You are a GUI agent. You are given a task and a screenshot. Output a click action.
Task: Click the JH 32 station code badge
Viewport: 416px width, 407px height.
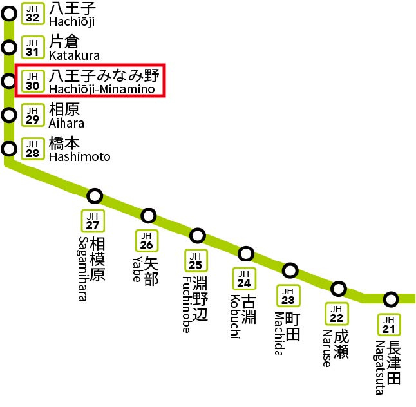pyautogui.click(x=32, y=12)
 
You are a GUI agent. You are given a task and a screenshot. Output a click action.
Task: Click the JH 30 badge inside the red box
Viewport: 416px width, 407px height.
pyautogui.click(x=32, y=81)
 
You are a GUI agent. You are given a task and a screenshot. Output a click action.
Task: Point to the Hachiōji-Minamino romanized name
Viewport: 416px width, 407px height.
pyautogui.click(x=102, y=90)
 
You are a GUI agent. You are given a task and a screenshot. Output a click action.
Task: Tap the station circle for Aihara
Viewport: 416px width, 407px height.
pyautogui.click(x=9, y=115)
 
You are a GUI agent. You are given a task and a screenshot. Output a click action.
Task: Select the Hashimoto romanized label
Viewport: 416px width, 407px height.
pyautogui.click(x=79, y=156)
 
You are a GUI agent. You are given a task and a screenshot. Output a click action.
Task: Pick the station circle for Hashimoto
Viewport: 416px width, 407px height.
pyautogui.click(x=9, y=149)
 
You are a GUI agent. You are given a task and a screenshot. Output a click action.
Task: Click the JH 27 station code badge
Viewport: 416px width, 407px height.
pyautogui.click(x=93, y=221)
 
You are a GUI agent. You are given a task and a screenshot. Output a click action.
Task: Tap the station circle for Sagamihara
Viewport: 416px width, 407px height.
pyautogui.click(x=95, y=196)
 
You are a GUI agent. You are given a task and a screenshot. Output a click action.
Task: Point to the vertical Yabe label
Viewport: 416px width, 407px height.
pyautogui.click(x=136, y=269)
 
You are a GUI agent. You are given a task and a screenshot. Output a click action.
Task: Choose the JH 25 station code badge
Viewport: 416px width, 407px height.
pyautogui.click(x=195, y=260)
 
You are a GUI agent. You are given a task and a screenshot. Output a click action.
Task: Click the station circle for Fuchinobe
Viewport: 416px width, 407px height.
pyautogui.click(x=198, y=235)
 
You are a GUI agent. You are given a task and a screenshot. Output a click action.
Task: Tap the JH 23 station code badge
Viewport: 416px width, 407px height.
pyautogui.click(x=288, y=296)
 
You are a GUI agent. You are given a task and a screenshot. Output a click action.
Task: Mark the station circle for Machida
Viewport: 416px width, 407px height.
pyautogui.click(x=290, y=270)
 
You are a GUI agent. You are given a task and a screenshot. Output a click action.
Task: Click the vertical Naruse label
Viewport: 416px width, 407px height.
pyautogui.click(x=326, y=348)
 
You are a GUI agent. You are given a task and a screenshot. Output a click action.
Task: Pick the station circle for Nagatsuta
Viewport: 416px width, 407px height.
pyautogui.click(x=390, y=299)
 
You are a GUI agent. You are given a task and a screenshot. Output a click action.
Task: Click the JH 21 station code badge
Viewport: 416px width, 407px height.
pyautogui.click(x=388, y=325)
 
